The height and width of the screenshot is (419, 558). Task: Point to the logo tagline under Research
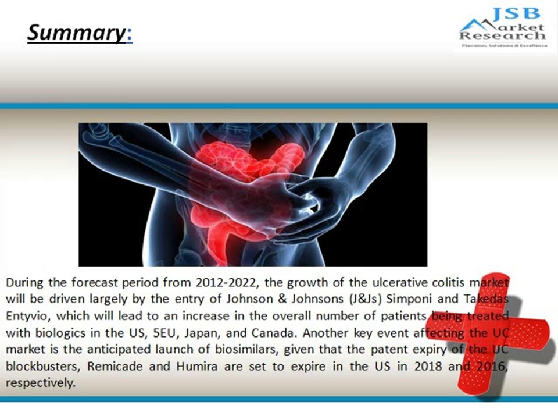pyautogui.click(x=503, y=45)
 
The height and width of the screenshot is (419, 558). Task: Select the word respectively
pyautogui.click(x=40, y=384)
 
